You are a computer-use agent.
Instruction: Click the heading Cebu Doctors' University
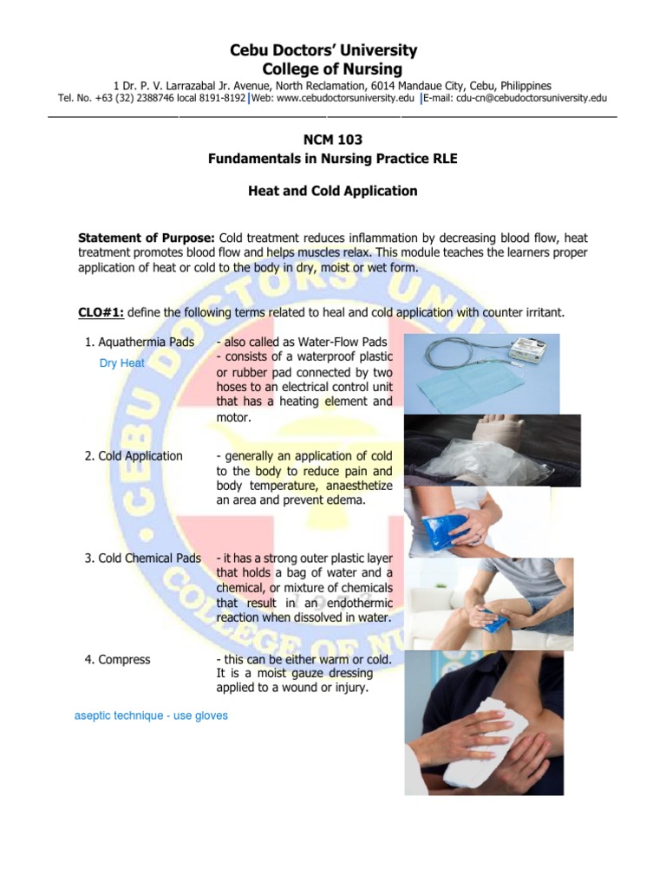[323, 50]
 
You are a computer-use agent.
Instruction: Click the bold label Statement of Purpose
[146, 238]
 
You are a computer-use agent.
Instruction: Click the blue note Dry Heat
[122, 363]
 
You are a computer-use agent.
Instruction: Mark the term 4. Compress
[117, 660]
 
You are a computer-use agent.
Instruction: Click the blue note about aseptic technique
[151, 715]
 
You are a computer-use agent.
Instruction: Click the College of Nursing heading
[331, 69]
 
